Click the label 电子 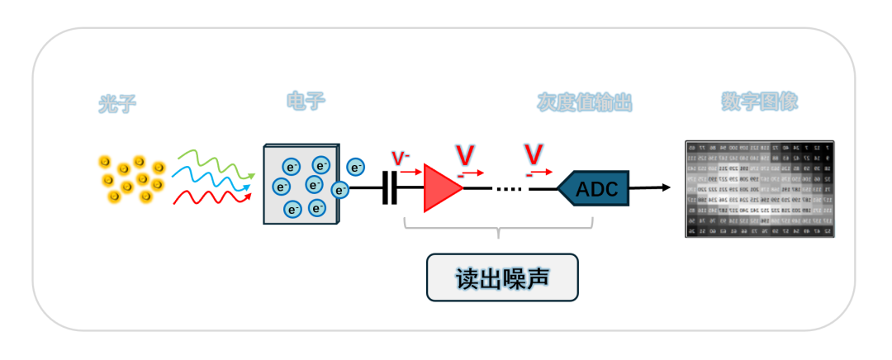point(306,102)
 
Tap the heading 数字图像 point(759,102)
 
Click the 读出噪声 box point(501,277)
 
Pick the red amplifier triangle point(440,188)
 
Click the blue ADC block point(595,188)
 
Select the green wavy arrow point(211,163)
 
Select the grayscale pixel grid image point(760,189)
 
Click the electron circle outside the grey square point(356,167)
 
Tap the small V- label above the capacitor point(401,158)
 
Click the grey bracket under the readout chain point(499,228)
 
